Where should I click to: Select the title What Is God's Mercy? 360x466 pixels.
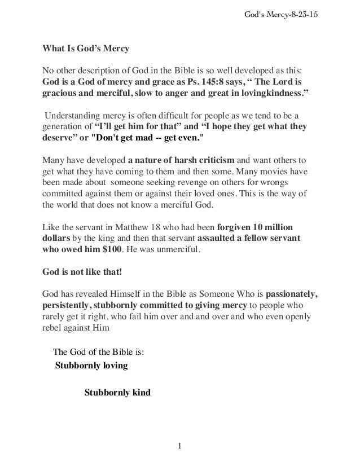tap(86, 49)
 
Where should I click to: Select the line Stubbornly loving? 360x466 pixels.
tap(91, 365)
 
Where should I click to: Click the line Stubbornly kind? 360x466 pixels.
tap(117, 391)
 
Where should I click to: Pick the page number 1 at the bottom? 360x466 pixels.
tap(179, 447)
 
